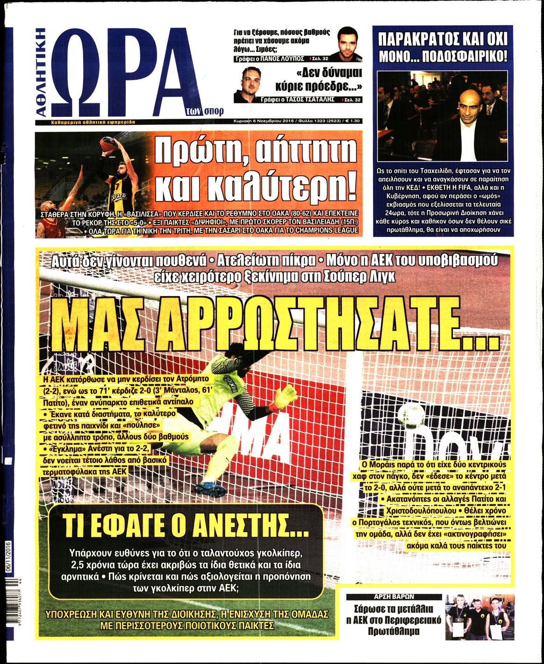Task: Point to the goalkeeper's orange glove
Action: tap(286, 397)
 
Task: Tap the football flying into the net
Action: tap(411, 413)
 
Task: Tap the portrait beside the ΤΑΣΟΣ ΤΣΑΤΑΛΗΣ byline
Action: tap(248, 85)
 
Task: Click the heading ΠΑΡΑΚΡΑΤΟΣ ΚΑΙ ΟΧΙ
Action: tap(442, 39)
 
